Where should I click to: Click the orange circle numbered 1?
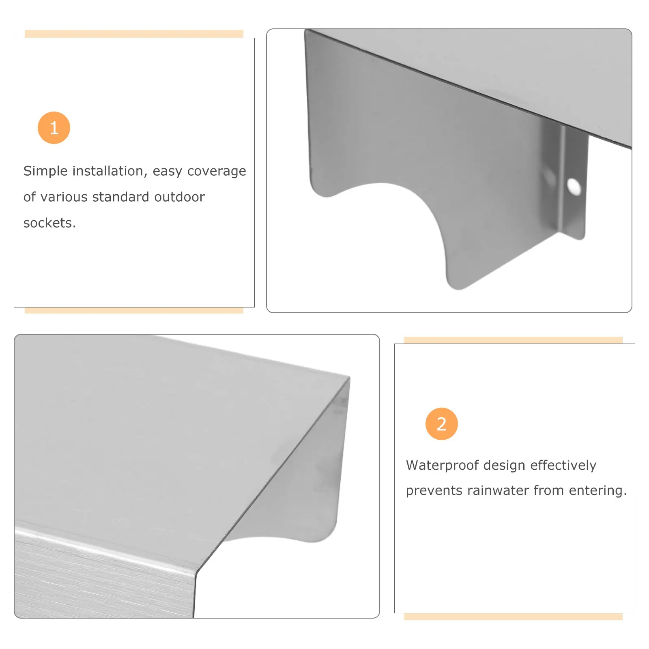coord(54,128)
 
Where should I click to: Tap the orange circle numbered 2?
coord(442,424)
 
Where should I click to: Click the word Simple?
coord(45,171)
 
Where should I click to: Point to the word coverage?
coord(217,172)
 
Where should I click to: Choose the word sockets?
coord(49,223)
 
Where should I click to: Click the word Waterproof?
coord(443,465)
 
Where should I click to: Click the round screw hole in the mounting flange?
coord(574,186)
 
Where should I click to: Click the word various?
coord(64,197)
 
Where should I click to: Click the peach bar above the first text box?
coord(134,34)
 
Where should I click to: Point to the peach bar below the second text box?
coord(513,617)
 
